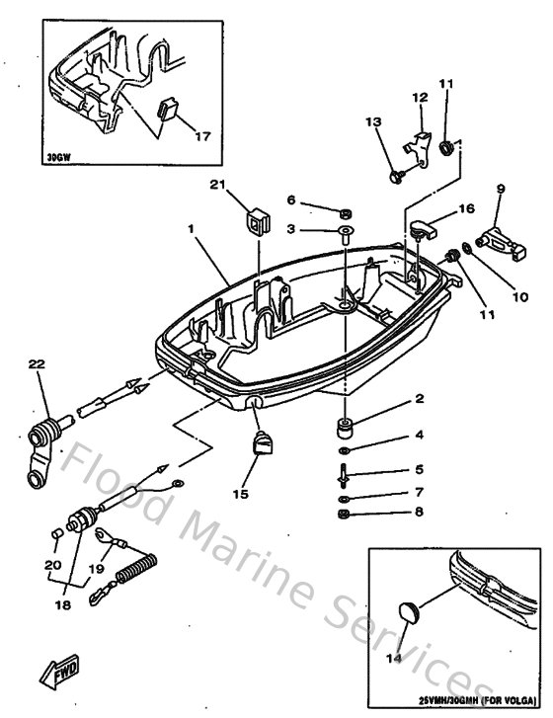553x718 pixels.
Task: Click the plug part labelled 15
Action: click(263, 445)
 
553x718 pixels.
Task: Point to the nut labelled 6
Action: click(347, 213)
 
